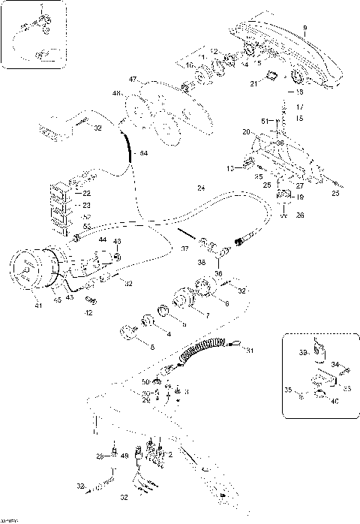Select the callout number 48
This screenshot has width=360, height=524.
click(x=116, y=94)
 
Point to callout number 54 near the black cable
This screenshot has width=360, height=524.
click(x=145, y=152)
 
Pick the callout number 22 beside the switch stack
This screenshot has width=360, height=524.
click(x=87, y=193)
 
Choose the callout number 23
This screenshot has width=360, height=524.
click(x=87, y=204)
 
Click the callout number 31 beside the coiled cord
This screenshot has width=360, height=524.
click(x=250, y=351)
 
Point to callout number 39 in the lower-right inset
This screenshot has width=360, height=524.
click(x=304, y=351)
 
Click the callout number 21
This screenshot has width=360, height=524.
click(x=254, y=85)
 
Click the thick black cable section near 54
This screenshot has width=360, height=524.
click(x=129, y=146)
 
